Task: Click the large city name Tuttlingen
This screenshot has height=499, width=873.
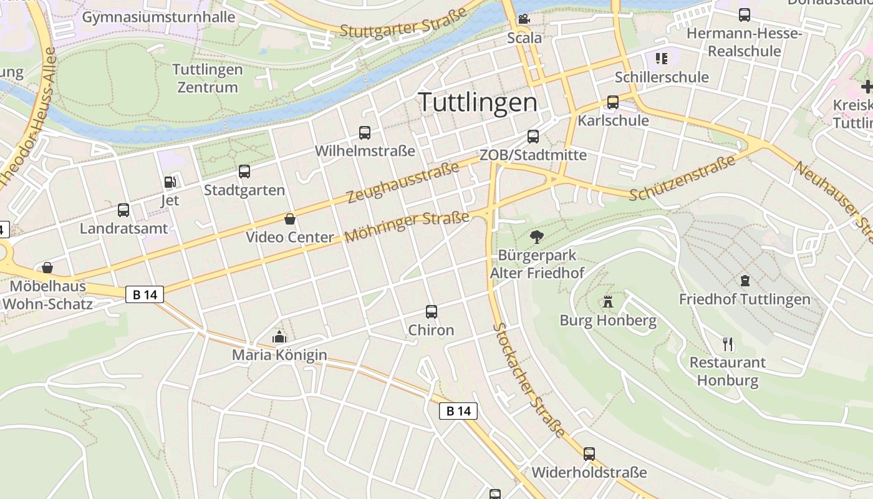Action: (478, 102)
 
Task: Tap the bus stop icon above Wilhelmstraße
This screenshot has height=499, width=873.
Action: (365, 133)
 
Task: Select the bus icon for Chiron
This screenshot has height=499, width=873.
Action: (431, 312)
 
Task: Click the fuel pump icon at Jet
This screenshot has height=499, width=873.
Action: (170, 182)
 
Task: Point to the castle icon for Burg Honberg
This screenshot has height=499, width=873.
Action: (608, 303)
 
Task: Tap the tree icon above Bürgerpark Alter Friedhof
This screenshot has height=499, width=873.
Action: (536, 237)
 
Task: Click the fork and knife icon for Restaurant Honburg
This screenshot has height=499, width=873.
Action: (728, 344)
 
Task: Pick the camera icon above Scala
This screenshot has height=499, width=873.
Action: (524, 19)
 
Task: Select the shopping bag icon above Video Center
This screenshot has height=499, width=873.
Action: (290, 219)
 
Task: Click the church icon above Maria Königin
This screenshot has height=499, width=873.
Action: (279, 337)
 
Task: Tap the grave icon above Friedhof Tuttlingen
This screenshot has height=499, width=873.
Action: (745, 281)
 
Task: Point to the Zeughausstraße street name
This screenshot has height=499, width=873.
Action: (403, 182)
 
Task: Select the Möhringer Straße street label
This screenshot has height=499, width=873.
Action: (407, 227)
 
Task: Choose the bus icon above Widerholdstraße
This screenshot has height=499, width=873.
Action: (589, 454)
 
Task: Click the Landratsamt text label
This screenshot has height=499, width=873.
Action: (124, 228)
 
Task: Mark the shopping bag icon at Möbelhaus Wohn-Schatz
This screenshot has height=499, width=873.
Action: (47, 268)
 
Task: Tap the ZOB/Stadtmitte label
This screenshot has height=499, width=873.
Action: (533, 155)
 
